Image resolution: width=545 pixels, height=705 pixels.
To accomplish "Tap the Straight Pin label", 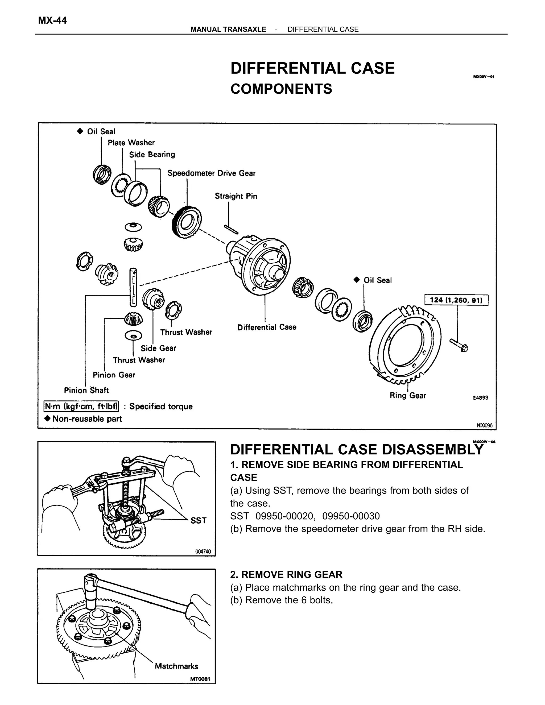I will point(236,196).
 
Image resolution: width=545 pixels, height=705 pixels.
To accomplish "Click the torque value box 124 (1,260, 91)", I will point(456,300).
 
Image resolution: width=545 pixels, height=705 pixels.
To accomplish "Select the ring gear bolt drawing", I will point(459,345).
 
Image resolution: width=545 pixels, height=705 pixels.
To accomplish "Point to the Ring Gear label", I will point(408,395).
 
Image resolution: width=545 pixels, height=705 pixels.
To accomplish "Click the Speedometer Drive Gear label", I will point(212,173).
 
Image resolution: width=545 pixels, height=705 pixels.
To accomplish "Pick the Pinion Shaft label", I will point(86,390).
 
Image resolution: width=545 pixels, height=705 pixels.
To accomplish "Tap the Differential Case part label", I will point(267,327).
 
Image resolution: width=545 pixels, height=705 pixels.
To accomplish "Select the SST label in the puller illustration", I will point(198,520).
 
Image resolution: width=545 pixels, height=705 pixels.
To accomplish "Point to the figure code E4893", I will point(480,398).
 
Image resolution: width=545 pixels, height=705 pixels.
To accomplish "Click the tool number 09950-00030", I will point(351,516).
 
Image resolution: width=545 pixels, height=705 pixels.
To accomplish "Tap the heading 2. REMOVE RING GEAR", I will point(286,575).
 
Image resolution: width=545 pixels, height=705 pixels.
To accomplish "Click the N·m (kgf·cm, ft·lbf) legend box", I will point(81,406).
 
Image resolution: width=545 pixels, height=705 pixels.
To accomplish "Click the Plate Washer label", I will point(131,143).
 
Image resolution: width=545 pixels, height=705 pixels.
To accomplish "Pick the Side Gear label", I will point(158,348).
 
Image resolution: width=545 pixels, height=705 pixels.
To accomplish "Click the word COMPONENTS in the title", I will point(281,89).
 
